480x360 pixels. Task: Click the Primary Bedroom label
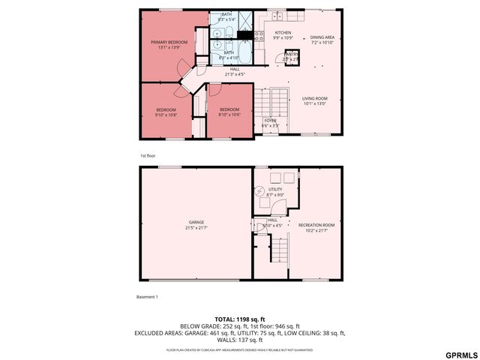(x=169, y=45)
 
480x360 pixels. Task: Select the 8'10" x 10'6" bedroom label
(x=229, y=112)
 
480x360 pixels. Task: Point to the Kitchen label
(x=283, y=35)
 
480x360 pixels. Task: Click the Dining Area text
(x=322, y=39)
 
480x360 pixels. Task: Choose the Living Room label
(x=315, y=101)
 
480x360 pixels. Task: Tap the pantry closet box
(x=291, y=55)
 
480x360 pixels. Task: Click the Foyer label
(x=270, y=122)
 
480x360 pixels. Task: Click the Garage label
(x=196, y=225)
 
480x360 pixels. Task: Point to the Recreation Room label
(x=316, y=227)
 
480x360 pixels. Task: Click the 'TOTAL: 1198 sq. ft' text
(x=240, y=319)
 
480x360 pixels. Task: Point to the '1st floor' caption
(x=147, y=155)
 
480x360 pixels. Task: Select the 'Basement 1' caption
(x=147, y=296)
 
